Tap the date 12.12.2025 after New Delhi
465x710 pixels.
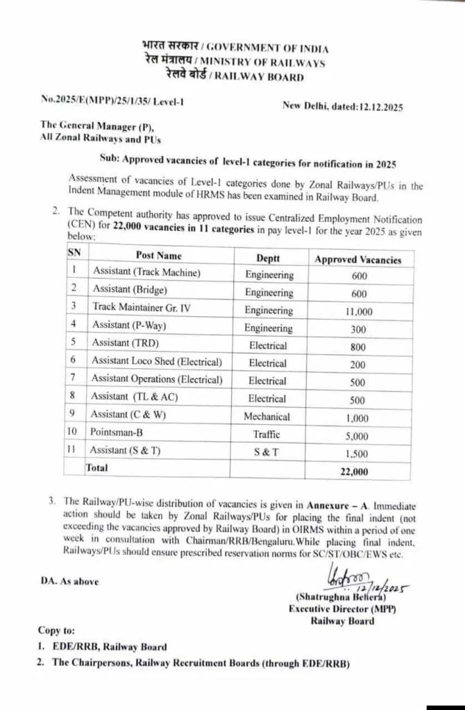coord(378,107)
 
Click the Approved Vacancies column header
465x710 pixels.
coord(358,259)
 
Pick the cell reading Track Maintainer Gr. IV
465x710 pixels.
coord(142,306)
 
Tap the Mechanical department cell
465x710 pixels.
coord(269,417)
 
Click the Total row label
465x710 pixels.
coord(96,468)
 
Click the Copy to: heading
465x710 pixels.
coord(58,632)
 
